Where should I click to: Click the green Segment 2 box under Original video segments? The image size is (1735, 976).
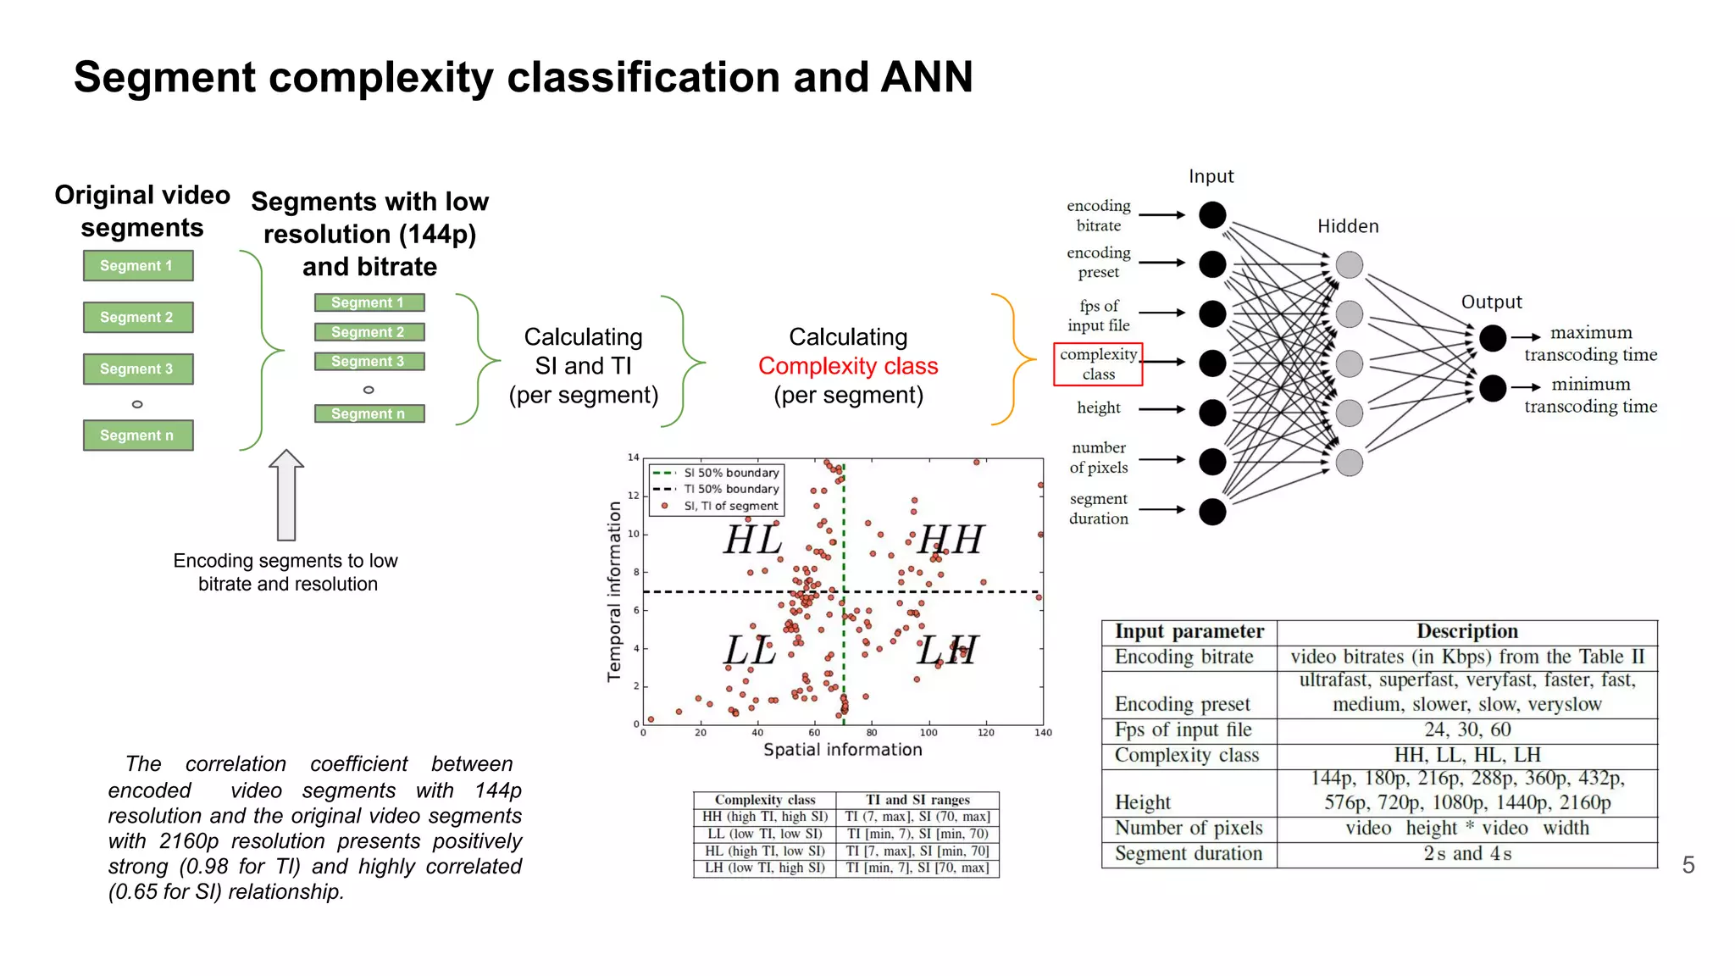(x=138, y=317)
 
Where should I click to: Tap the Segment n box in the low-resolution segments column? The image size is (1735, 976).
(x=369, y=413)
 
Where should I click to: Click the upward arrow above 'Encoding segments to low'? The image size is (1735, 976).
(x=286, y=495)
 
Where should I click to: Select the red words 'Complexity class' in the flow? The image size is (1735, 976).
(x=848, y=366)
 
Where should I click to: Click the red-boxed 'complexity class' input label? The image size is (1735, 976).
(x=1098, y=364)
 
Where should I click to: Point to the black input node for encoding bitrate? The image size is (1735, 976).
(x=1212, y=215)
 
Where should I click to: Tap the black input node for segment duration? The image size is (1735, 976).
(x=1212, y=511)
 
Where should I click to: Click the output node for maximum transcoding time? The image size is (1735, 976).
(x=1493, y=338)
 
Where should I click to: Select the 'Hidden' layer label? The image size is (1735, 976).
(x=1348, y=226)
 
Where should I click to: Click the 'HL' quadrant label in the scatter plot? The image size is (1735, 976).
(x=753, y=540)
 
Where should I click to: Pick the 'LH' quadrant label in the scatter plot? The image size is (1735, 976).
(x=946, y=651)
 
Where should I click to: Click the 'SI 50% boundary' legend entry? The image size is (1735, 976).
(x=730, y=473)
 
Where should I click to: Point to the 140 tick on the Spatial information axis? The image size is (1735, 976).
(x=1043, y=733)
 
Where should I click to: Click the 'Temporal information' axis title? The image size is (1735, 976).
(x=614, y=591)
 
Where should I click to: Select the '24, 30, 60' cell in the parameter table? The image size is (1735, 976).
(x=1466, y=729)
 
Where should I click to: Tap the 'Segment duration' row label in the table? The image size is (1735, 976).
(x=1188, y=854)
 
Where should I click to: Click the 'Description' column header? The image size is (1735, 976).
(x=1466, y=631)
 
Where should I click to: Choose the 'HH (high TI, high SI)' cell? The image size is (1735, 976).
(x=764, y=817)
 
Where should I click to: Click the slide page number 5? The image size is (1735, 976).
(x=1688, y=865)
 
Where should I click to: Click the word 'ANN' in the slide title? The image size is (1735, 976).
(x=926, y=77)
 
